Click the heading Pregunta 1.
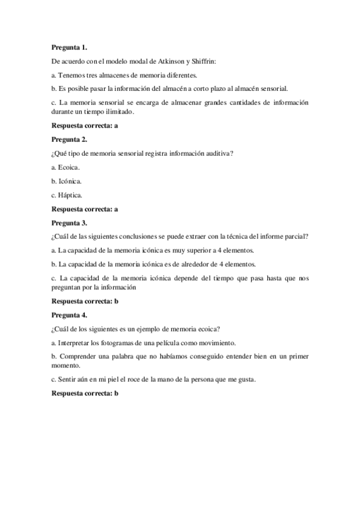pos(70,46)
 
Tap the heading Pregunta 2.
pos(70,139)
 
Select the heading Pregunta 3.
pos(70,223)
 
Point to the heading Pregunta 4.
pos(70,315)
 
